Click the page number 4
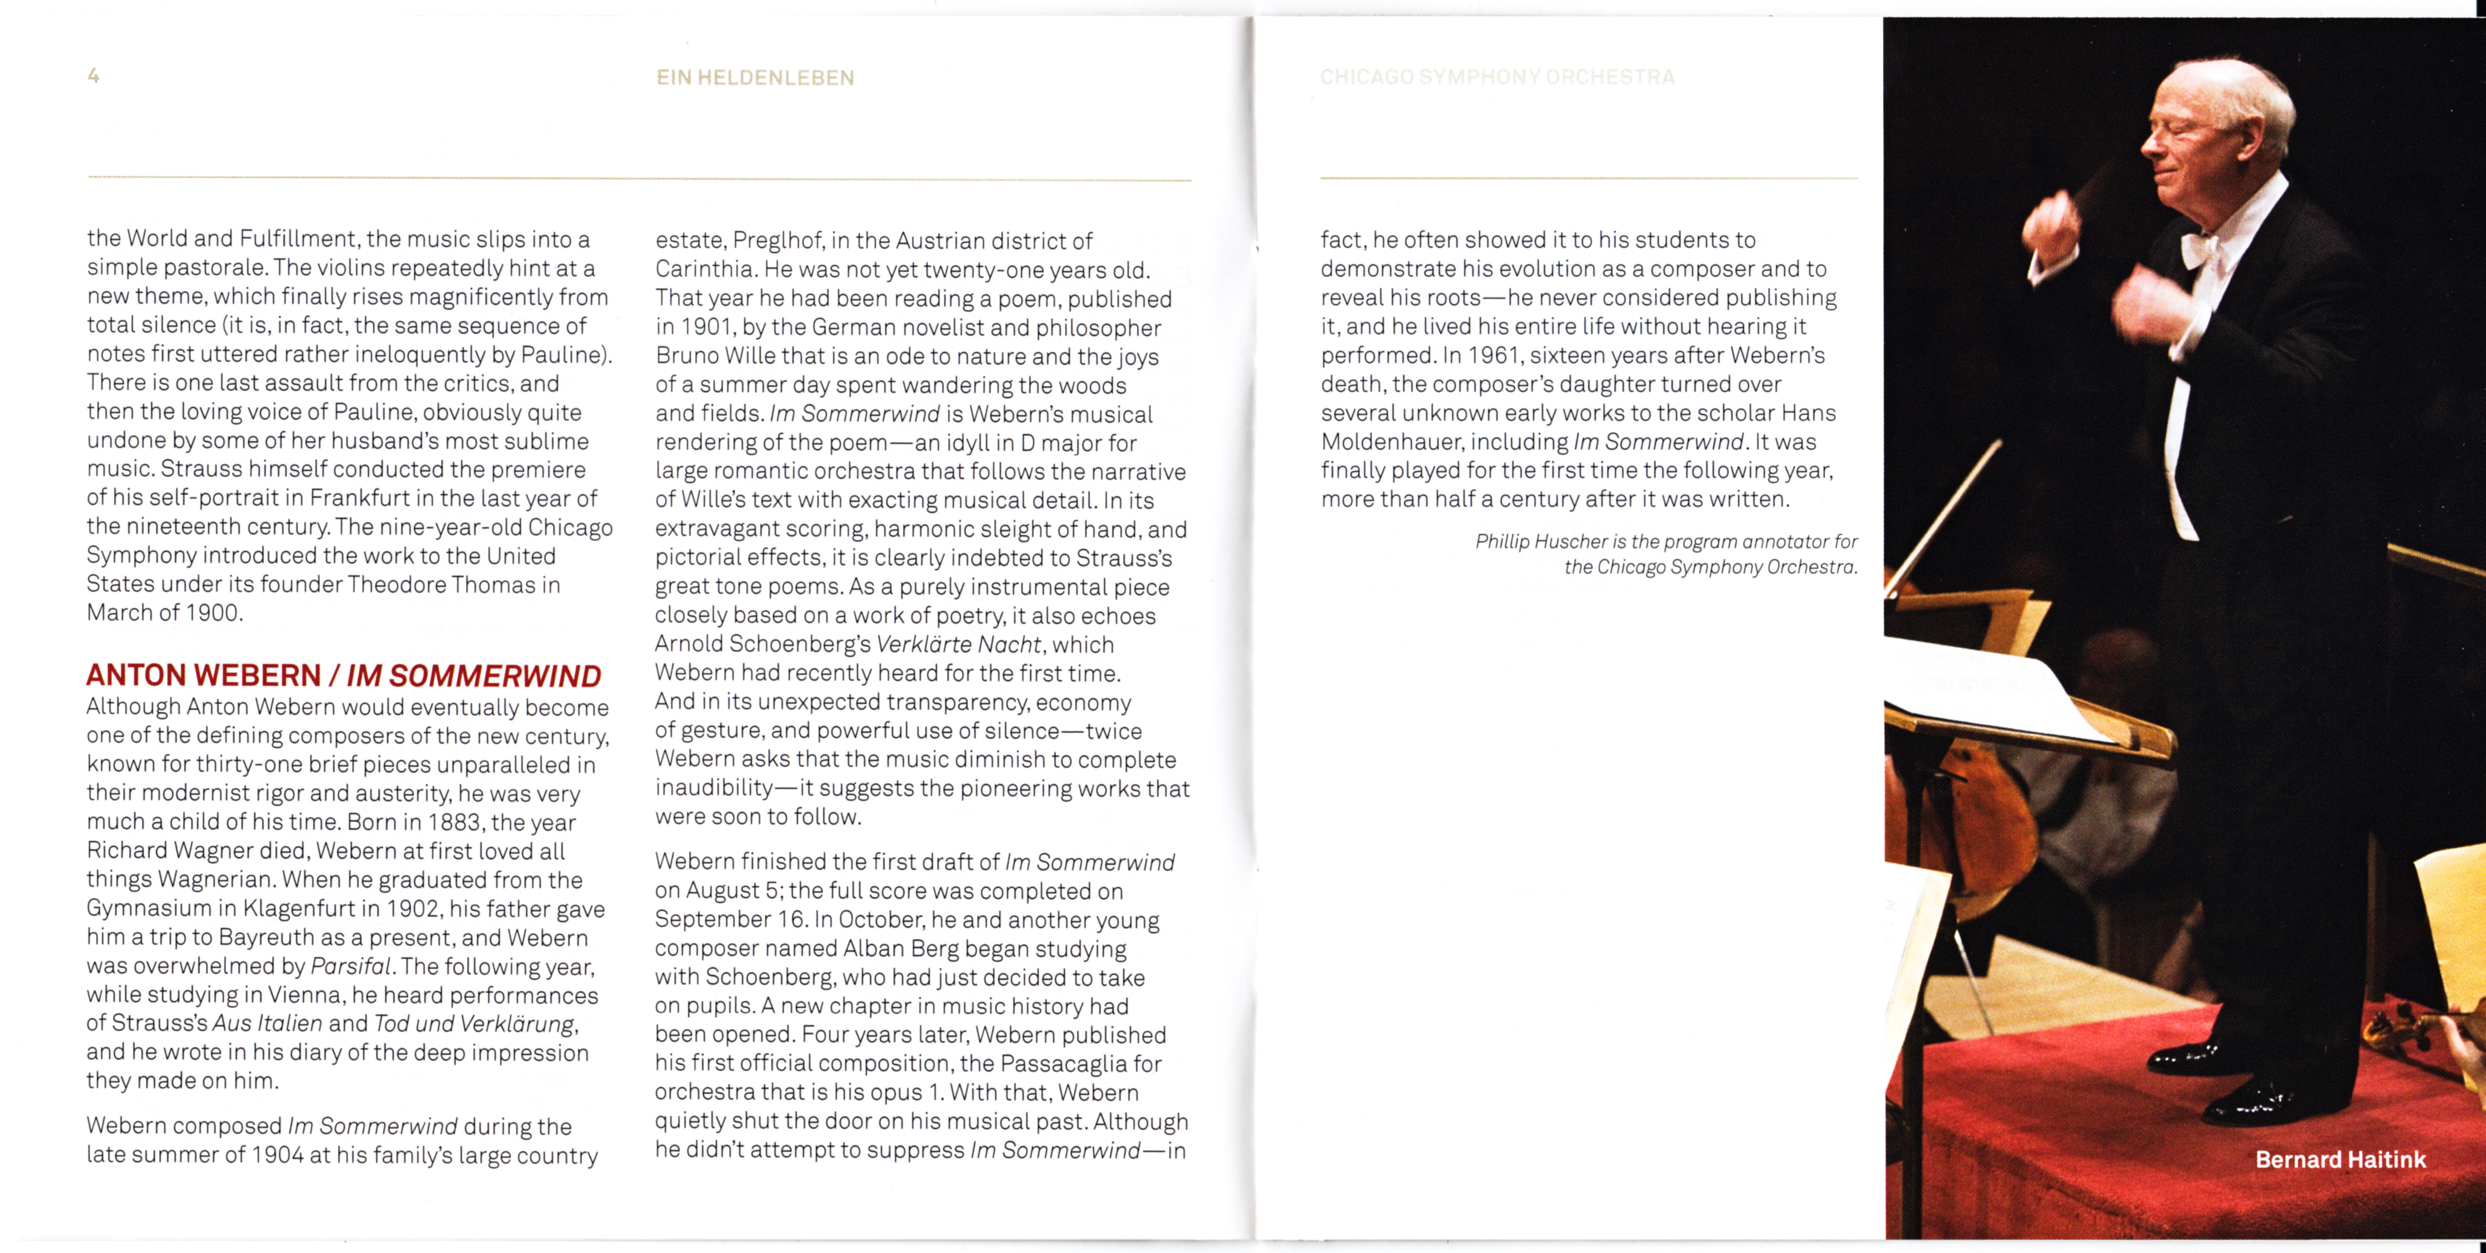point(93,75)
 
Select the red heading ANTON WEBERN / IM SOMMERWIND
point(344,675)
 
